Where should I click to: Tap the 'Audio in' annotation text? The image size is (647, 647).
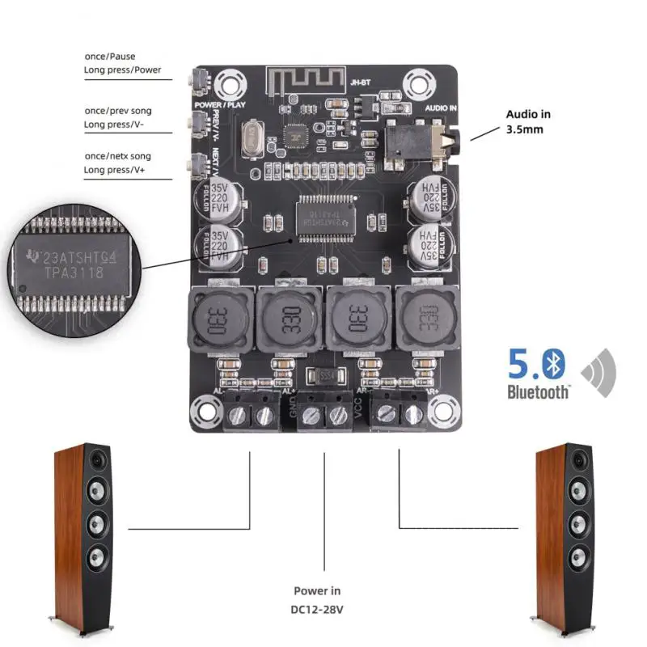click(x=528, y=114)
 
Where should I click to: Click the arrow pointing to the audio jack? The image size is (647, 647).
click(x=484, y=132)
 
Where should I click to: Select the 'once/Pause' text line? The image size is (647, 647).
click(x=112, y=56)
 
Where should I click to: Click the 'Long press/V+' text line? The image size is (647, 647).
click(x=116, y=170)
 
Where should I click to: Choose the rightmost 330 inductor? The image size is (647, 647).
click(x=426, y=319)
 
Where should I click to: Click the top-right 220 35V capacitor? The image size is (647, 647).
click(x=427, y=197)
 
